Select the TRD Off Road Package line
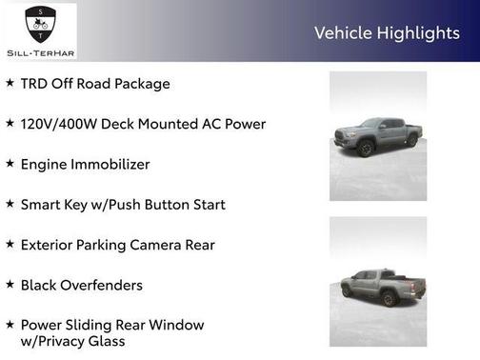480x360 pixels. pos(94,84)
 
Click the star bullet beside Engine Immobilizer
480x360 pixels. pos(10,164)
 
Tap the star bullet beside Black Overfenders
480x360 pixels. pos(10,284)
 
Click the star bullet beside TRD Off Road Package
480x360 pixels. pos(10,83)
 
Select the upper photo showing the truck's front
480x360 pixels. pos(378,135)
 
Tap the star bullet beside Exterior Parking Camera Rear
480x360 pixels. pos(10,244)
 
